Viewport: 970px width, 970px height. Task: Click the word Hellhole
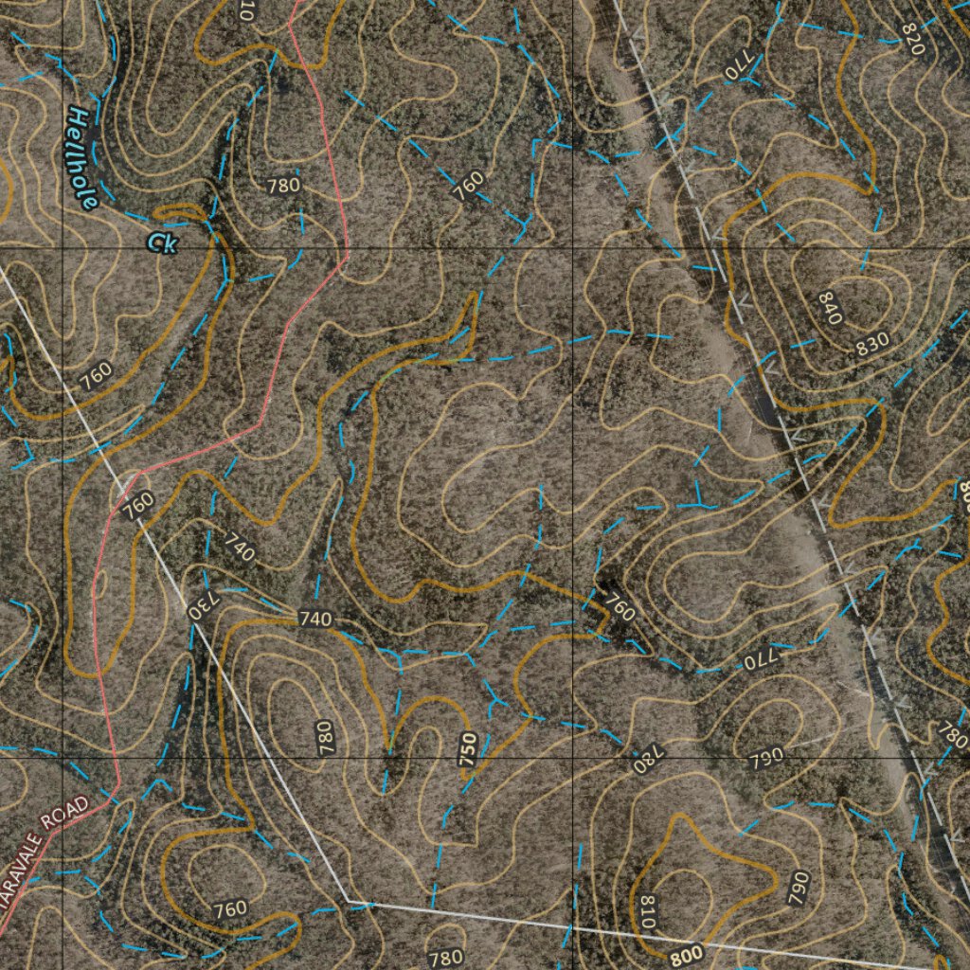[x=81, y=158]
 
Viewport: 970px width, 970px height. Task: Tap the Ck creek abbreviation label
[x=162, y=242]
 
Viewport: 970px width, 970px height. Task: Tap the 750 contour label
[x=467, y=747]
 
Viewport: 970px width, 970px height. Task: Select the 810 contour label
[x=648, y=912]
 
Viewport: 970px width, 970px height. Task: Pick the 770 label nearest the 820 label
[x=737, y=68]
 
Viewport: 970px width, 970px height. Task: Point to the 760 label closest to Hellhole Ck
[x=95, y=375]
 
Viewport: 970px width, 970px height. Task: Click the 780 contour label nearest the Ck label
[x=283, y=186]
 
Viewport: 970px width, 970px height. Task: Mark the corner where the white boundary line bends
[x=348, y=900]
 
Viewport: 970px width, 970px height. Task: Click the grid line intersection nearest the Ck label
[x=63, y=248]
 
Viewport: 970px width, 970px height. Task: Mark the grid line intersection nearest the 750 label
[x=573, y=759]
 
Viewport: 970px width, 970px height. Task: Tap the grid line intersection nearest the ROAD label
[x=63, y=759]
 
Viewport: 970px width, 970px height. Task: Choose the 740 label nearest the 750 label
[x=315, y=620]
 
